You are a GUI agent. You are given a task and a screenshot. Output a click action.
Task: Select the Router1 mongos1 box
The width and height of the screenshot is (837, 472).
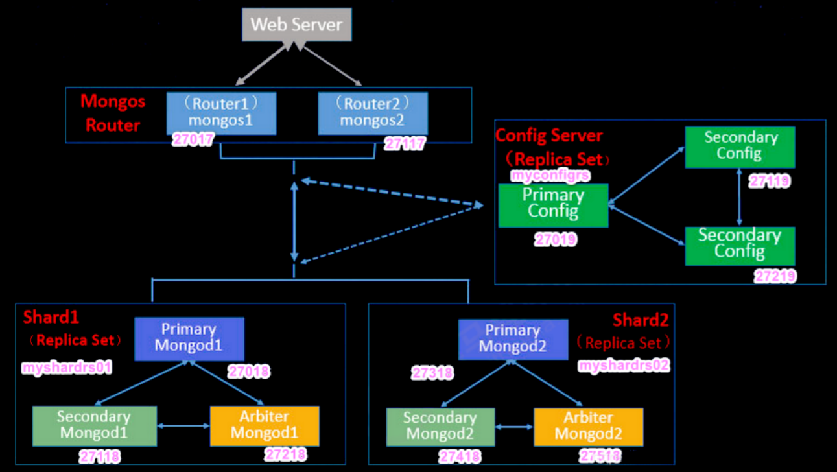pos(221,113)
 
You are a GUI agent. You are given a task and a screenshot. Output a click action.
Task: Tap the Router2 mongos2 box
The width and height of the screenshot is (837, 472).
pos(373,113)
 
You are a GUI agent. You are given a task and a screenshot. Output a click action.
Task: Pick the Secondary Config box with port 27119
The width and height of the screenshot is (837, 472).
pos(740,147)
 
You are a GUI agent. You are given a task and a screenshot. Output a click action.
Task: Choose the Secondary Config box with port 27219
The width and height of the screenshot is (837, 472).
pos(740,245)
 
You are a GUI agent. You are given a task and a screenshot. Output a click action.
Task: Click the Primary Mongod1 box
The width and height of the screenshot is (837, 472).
pos(189,338)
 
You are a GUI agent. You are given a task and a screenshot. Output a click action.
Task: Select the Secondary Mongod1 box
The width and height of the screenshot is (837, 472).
pos(94,425)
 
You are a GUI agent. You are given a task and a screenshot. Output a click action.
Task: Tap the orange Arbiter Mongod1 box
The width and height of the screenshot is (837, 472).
pos(265,425)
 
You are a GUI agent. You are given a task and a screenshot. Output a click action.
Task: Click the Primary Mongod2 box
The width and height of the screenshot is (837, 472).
pos(513,338)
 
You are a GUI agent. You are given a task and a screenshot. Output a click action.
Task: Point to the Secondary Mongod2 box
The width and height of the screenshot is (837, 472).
pos(440,426)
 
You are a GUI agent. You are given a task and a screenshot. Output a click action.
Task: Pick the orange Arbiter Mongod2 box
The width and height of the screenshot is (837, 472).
pos(588,426)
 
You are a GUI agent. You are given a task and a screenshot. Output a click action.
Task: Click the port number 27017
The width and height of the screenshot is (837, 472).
pos(193,139)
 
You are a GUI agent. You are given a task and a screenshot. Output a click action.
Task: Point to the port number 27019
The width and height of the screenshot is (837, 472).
pos(556,240)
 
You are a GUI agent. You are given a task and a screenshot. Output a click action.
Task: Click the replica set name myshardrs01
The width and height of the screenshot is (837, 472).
pos(67,368)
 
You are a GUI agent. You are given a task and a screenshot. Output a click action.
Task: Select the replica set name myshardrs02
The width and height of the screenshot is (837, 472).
pos(623,366)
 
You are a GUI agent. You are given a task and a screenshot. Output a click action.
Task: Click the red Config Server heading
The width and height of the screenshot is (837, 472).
pos(549,136)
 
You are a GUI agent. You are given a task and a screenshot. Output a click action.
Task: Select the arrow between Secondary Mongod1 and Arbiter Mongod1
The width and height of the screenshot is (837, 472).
pos(183,426)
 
